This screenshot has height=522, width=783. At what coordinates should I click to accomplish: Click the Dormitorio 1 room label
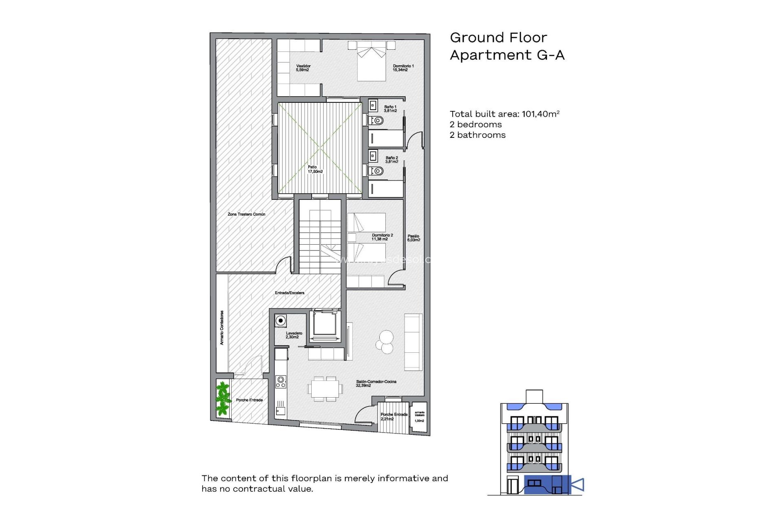pos(403,68)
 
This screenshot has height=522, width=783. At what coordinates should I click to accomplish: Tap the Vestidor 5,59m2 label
pos(303,68)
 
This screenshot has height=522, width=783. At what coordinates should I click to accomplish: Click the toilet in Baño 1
pos(377,120)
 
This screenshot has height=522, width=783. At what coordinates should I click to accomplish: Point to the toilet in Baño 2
pos(377,171)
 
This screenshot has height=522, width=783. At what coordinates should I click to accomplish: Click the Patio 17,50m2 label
pos(315,169)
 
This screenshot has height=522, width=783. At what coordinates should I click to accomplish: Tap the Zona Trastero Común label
pos(246,214)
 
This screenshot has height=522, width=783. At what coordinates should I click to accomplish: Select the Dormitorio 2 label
pos(382,237)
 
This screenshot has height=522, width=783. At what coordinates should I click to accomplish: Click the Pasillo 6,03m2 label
pos(413,238)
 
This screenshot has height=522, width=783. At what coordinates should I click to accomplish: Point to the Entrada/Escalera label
pos(289,293)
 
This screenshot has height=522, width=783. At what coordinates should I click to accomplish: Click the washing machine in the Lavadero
pos(281,321)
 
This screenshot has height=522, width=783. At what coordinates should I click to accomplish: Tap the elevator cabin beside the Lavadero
pos(325,324)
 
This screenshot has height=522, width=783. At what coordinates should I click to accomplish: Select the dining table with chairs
pos(325,389)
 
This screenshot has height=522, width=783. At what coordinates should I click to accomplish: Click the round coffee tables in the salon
pos(385,342)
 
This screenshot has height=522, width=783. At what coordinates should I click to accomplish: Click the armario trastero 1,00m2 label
pos(419,416)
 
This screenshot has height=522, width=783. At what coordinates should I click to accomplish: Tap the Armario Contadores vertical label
pos(222,327)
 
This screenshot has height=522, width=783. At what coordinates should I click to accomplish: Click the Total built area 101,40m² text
pos(504,114)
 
